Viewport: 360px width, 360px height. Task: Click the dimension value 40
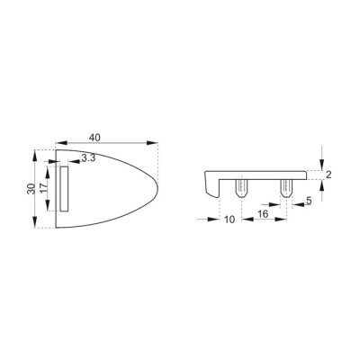point(94,137)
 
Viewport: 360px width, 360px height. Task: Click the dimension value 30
point(31,189)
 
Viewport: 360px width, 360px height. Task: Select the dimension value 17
point(43,189)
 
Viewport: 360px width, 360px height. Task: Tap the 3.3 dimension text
point(88,157)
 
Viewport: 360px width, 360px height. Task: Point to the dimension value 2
point(328,175)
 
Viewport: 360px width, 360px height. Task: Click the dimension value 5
point(309,201)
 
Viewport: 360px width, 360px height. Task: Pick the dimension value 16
point(262,214)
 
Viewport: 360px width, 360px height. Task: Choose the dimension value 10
point(229,220)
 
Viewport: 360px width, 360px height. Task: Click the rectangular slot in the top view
point(64,189)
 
